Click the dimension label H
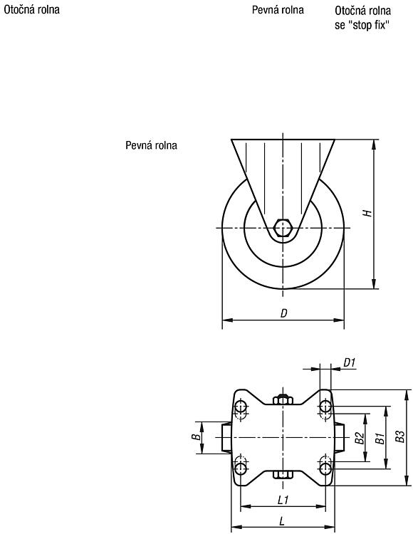(367, 213)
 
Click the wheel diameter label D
(283, 313)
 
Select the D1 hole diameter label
(350, 363)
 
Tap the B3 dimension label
(401, 437)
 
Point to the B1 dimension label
(380, 439)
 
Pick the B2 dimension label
(359, 438)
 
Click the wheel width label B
(196, 437)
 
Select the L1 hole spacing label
(283, 500)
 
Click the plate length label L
(282, 521)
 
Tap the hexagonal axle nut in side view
(283, 228)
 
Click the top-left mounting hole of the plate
(241, 407)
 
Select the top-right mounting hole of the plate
(325, 407)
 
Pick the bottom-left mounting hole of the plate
(241, 468)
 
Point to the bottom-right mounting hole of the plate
(325, 468)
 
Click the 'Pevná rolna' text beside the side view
(151, 145)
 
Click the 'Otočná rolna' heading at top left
(31, 9)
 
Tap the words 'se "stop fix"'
(362, 25)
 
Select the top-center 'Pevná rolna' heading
(278, 9)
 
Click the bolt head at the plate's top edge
(283, 399)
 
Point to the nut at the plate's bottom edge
(283, 475)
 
